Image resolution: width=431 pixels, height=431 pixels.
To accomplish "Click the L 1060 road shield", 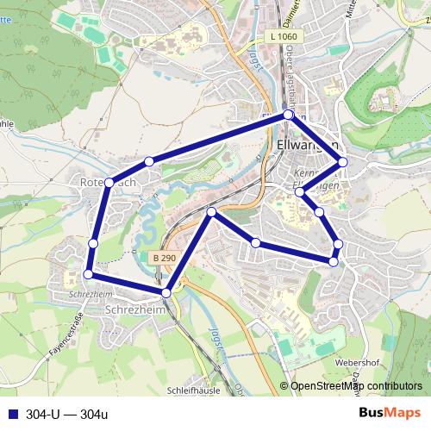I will (x=282, y=36).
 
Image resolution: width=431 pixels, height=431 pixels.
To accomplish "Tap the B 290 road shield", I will (x=164, y=258).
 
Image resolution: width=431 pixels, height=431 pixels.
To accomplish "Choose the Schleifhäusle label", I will (x=197, y=389).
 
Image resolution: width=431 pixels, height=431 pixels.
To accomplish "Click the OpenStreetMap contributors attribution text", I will (x=356, y=386).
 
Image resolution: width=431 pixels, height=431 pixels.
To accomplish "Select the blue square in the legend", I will (x=12, y=414).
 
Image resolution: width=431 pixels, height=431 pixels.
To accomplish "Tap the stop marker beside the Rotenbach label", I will (x=109, y=183).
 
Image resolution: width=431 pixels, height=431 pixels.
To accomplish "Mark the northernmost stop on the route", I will (x=289, y=115).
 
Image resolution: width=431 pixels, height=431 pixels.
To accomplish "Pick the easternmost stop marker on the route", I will (x=342, y=161).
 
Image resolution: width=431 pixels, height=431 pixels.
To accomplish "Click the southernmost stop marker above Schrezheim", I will (x=166, y=293).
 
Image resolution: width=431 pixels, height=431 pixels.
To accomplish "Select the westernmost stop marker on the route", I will (x=88, y=274).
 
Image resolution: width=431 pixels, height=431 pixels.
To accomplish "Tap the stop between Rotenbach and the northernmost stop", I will (x=149, y=161).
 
